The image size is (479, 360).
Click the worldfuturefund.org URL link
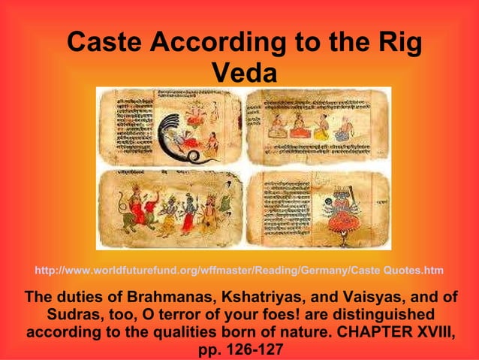(239, 270)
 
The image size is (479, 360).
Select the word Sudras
(79, 313)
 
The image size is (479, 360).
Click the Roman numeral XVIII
(431, 331)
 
